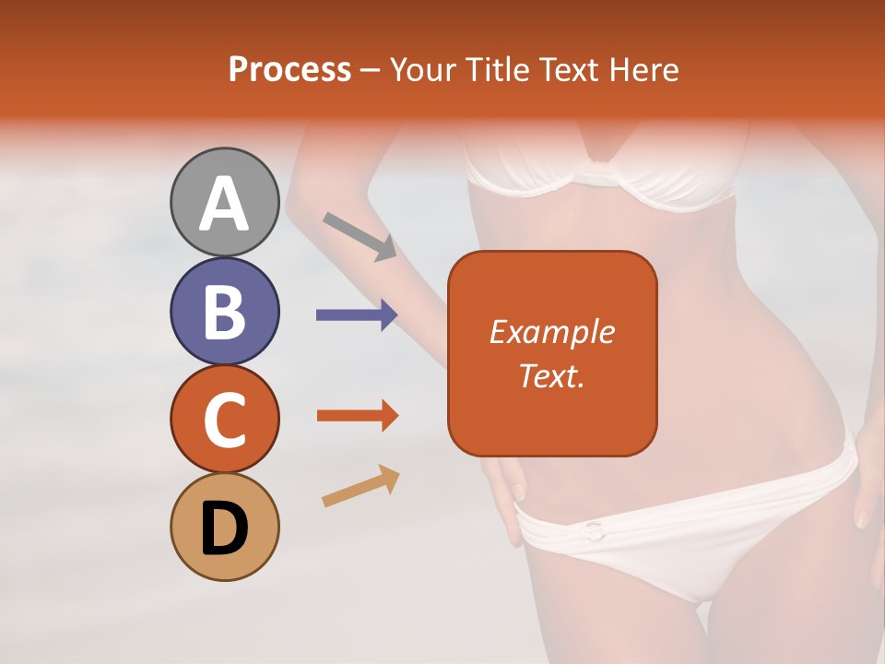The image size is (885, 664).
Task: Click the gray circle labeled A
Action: point(225,202)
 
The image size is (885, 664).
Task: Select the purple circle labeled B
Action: point(225,311)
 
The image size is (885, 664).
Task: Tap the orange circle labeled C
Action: point(225,420)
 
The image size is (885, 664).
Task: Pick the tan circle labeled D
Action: point(225,528)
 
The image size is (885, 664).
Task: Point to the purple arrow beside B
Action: point(357,315)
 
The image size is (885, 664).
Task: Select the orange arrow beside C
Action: point(358,416)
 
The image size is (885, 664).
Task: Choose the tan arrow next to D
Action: point(360,486)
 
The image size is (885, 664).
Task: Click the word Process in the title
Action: point(289,69)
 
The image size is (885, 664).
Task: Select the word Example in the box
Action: point(551,332)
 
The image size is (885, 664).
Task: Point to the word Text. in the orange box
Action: point(551,375)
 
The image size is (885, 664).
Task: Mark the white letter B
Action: point(225,312)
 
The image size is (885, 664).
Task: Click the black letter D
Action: point(225,528)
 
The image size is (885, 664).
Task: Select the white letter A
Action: point(225,203)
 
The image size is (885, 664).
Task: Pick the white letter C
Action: point(225,421)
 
